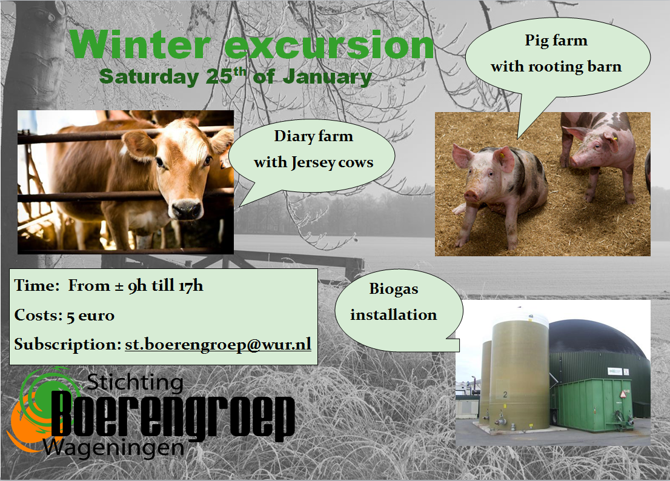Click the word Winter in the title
tap(140, 45)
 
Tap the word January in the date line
tap(327, 78)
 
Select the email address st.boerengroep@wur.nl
tap(218, 344)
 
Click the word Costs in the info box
tap(38, 315)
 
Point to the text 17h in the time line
tap(191, 285)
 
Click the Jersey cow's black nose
tap(186, 210)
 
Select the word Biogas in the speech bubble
tap(394, 289)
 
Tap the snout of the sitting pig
tap(471, 196)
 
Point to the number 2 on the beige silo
tap(505, 394)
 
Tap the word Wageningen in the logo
tap(113, 448)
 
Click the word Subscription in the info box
tap(68, 344)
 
